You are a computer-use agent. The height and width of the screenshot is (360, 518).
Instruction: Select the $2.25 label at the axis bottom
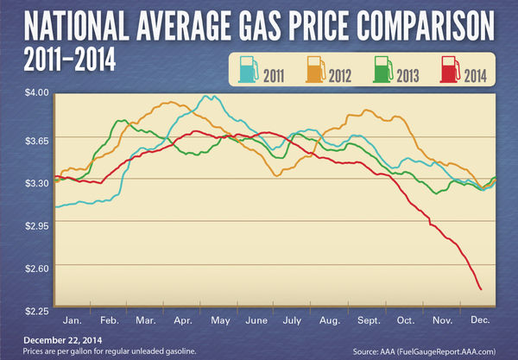tap(36, 309)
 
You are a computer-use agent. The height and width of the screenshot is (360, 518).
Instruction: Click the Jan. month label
tap(73, 319)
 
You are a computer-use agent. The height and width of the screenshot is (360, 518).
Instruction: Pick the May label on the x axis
tap(219, 319)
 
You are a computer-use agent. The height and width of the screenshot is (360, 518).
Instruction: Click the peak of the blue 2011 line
tap(205, 96)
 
